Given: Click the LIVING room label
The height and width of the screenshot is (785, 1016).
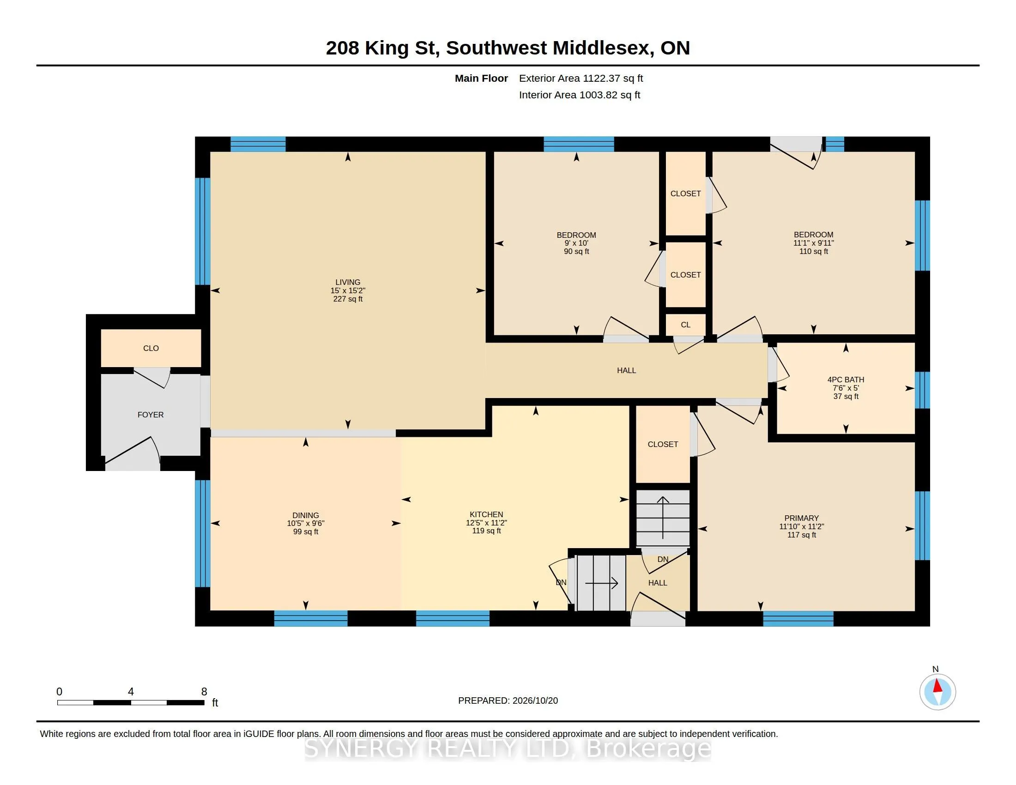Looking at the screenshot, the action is coord(347,282).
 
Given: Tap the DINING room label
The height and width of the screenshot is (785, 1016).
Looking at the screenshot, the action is coord(306,515).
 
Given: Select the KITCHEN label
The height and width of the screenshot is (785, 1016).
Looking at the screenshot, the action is coord(486,514).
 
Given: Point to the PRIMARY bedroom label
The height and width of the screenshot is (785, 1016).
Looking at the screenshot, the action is coord(802,518).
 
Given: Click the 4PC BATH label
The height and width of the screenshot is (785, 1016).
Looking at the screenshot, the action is coord(846,380).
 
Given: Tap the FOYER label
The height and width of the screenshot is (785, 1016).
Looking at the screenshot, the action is coord(151,414).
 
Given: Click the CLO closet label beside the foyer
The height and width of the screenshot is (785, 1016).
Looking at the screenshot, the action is coord(151,348).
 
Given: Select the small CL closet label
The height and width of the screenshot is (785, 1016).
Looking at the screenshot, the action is coord(686,325).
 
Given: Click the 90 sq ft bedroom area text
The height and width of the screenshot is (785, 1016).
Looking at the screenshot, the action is coord(576,251).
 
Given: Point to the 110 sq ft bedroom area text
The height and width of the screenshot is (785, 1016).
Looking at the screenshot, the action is coord(814,251).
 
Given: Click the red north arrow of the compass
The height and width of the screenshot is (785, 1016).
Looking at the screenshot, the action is coord(937,686).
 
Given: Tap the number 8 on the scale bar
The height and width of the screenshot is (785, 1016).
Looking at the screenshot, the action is coord(204,692).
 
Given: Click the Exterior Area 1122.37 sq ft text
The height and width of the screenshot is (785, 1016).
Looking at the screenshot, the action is coord(581,78).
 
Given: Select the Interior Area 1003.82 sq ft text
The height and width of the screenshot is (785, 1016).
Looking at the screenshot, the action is coord(580,95).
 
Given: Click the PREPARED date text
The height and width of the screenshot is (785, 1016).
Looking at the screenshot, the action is coord(508,700).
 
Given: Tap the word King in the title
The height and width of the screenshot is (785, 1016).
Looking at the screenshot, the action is coord(386,48).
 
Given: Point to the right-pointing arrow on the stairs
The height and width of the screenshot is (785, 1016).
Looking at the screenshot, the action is coord(601,583).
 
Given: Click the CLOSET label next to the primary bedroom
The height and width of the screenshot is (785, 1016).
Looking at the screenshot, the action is coord(663,444).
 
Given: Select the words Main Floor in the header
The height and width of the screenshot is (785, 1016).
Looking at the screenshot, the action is coord(482,78).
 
